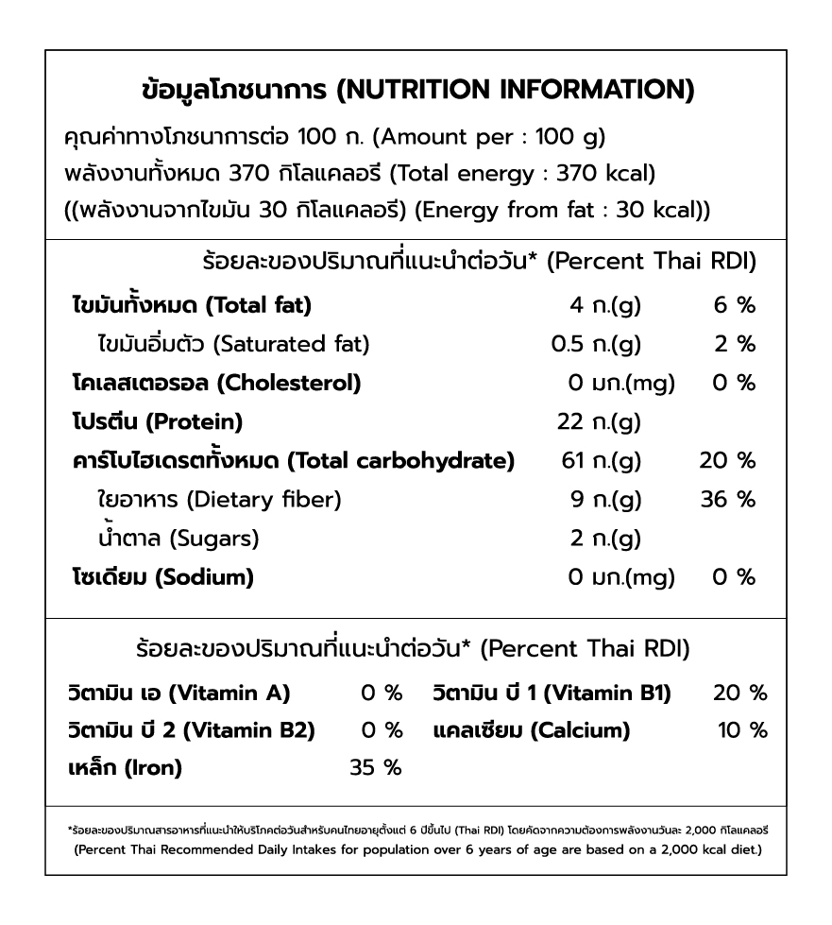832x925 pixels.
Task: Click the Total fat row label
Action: [192, 305]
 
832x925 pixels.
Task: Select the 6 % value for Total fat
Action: [735, 305]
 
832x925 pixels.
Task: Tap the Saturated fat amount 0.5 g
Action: [596, 344]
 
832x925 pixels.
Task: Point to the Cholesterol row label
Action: [216, 383]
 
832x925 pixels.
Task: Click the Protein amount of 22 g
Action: [599, 421]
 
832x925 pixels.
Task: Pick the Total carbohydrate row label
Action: [294, 460]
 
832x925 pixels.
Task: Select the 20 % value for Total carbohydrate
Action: [727, 460]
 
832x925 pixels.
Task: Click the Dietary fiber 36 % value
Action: [727, 499]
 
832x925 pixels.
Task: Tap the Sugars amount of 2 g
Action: [605, 539]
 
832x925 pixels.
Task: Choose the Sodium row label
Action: [162, 576]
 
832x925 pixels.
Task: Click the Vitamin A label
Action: [179, 694]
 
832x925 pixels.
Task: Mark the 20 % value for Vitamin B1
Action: [740, 694]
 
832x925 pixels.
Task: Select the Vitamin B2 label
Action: [192, 730]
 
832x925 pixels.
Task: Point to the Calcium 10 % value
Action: [742, 730]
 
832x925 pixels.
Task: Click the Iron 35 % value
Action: [376, 768]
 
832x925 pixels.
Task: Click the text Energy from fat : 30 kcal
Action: [563, 210]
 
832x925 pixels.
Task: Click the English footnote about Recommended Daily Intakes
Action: [416, 849]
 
